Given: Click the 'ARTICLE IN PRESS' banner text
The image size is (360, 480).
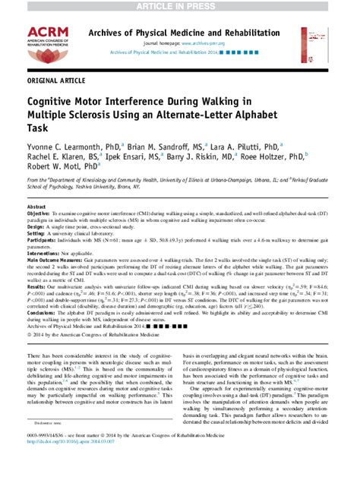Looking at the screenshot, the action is point(180,6).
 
